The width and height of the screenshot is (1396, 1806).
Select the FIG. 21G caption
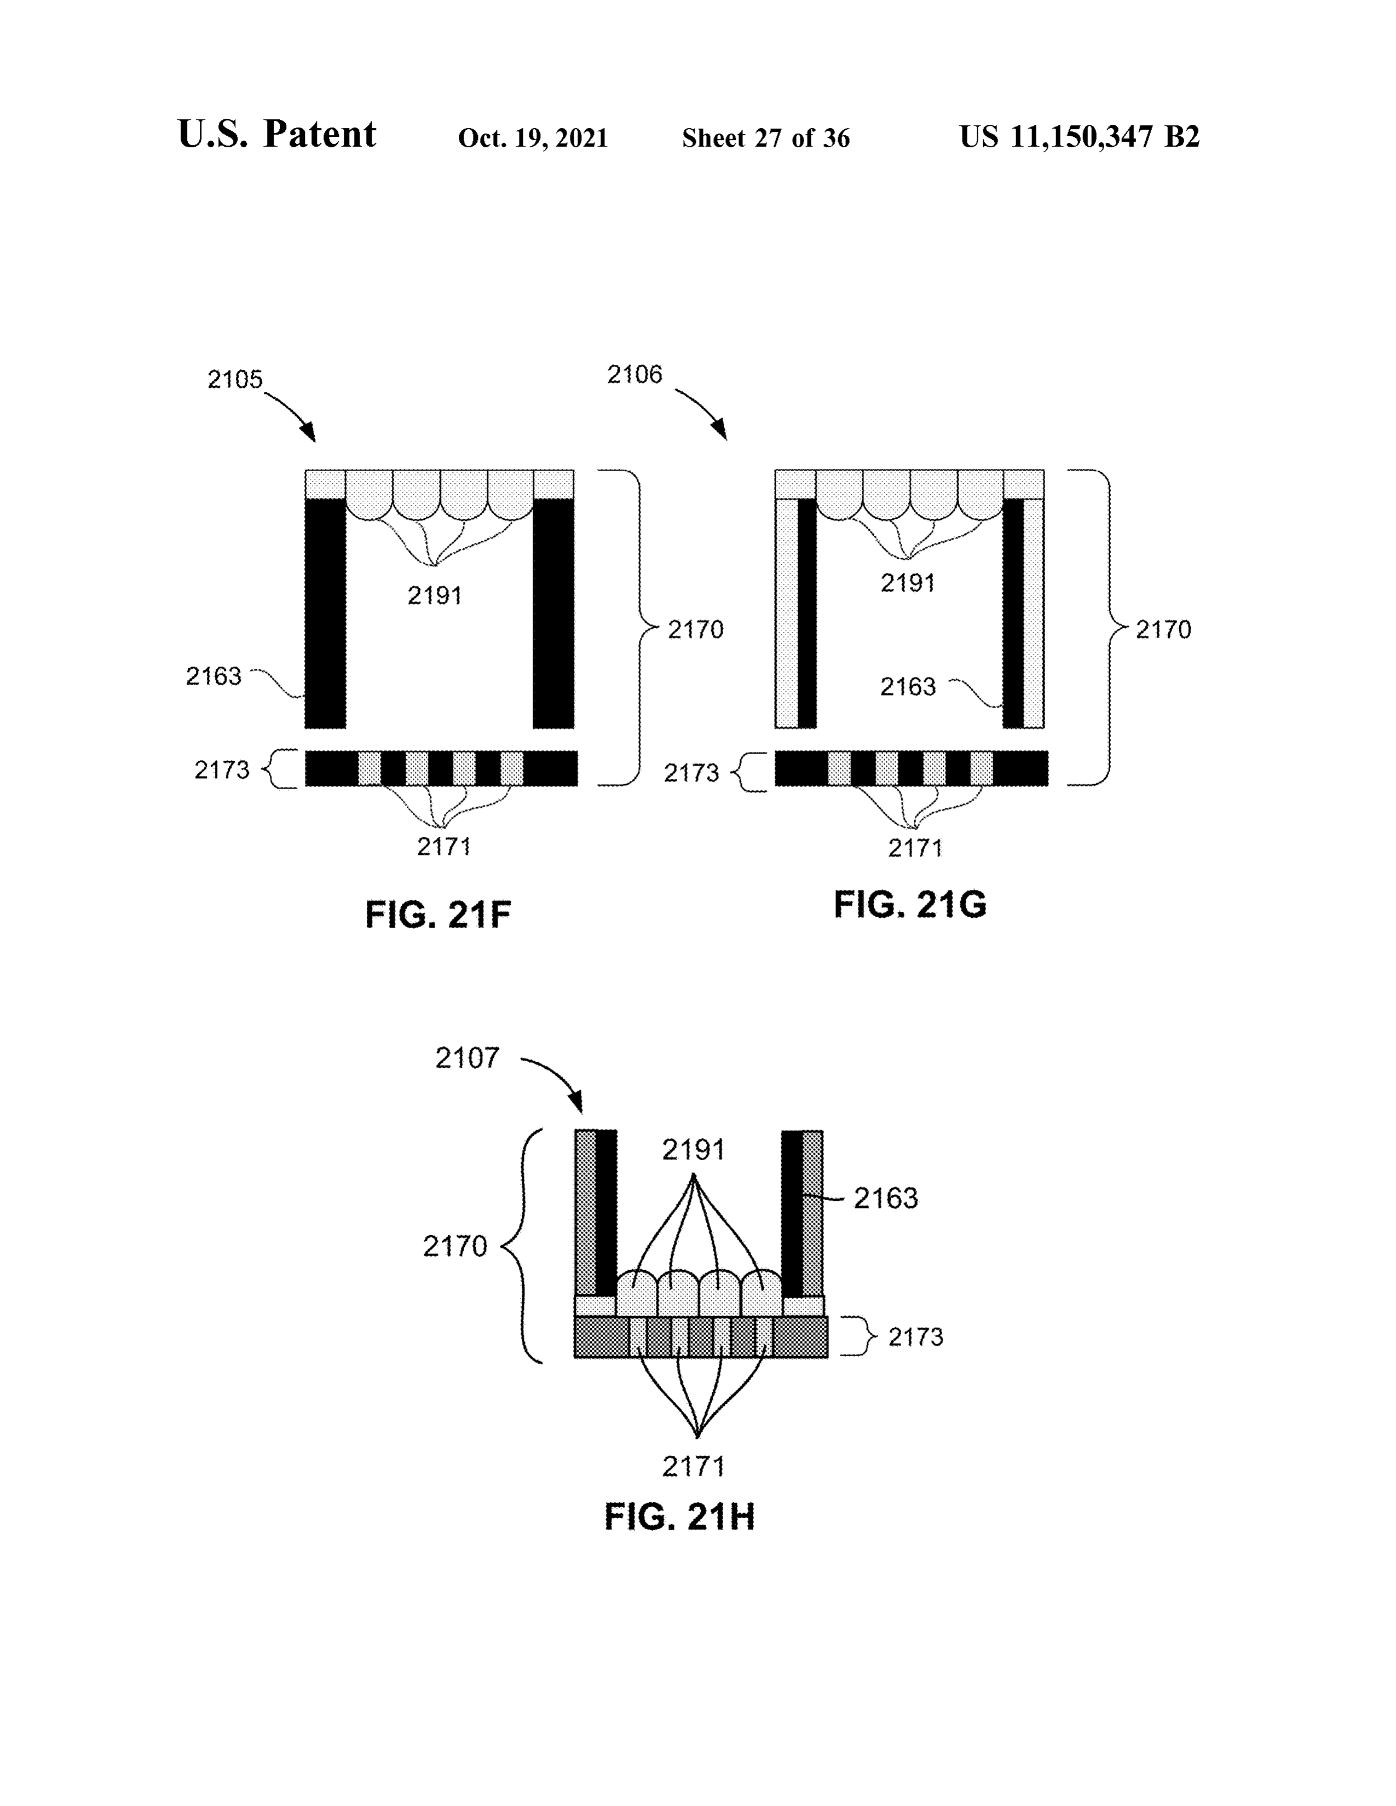(910, 905)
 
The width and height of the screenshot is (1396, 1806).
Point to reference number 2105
(235, 380)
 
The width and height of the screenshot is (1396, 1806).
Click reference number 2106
(635, 374)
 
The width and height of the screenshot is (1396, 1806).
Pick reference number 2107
(468, 1058)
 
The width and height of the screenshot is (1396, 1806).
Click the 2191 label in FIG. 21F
(435, 595)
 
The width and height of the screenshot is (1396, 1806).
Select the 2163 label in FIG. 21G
(907, 686)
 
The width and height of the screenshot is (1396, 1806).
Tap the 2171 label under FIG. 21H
(693, 1466)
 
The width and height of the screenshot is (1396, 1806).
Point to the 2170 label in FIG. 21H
(455, 1246)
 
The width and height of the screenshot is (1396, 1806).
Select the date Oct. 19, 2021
(533, 137)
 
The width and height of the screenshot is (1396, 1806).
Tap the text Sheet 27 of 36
(766, 137)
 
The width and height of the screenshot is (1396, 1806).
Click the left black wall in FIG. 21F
(325, 613)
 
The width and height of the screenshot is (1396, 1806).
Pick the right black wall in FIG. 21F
(553, 613)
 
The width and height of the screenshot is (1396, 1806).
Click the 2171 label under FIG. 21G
(915, 848)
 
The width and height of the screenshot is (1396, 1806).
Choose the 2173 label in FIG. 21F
(222, 770)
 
